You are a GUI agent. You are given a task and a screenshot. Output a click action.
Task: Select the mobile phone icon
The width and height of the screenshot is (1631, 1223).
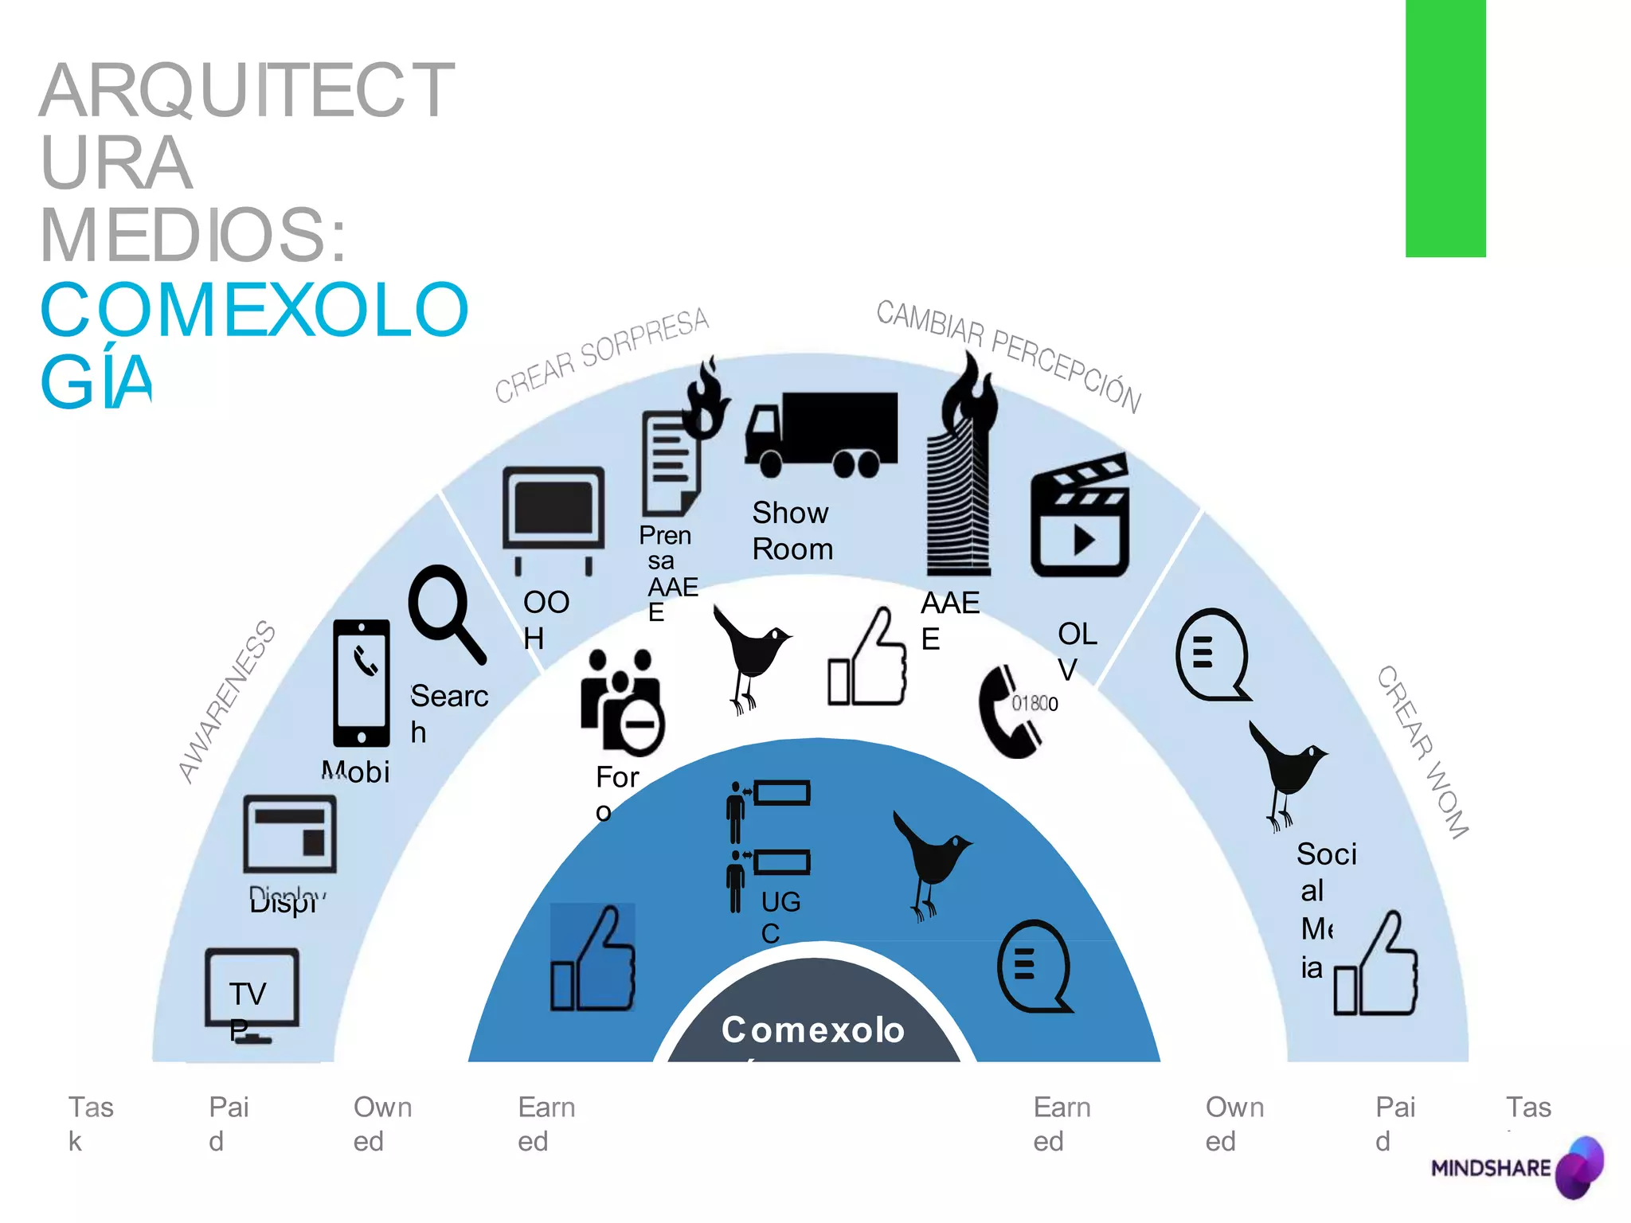pyautogui.click(x=362, y=683)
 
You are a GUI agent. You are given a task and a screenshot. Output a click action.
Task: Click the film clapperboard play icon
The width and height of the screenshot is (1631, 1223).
pyautogui.click(x=1080, y=516)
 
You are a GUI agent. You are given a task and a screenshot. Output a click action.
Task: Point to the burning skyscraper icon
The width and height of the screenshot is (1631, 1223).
pyautogui.click(x=961, y=470)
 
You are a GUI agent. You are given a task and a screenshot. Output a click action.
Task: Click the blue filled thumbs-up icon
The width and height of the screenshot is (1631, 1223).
pyautogui.click(x=593, y=959)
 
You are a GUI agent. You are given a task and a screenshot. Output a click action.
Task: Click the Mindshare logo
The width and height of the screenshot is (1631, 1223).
pyautogui.click(x=1516, y=1167)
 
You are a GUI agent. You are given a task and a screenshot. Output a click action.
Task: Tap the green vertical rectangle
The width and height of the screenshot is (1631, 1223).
pyautogui.click(x=1445, y=127)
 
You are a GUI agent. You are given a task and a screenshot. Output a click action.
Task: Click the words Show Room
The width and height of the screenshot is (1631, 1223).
pyautogui.click(x=792, y=531)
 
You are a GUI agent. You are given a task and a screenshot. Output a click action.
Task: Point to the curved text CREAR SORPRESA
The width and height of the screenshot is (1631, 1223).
pyautogui.click(x=602, y=355)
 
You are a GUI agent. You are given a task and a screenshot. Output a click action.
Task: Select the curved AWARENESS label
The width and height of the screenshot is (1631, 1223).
pyautogui.click(x=227, y=701)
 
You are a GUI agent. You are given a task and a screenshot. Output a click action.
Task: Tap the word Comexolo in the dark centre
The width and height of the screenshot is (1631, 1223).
pyautogui.click(x=813, y=1030)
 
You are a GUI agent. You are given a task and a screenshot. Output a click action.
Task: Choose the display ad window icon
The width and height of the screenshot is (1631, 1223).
pyautogui.click(x=290, y=834)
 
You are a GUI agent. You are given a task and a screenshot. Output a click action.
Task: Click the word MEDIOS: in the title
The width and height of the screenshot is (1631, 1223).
pyautogui.click(x=194, y=236)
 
